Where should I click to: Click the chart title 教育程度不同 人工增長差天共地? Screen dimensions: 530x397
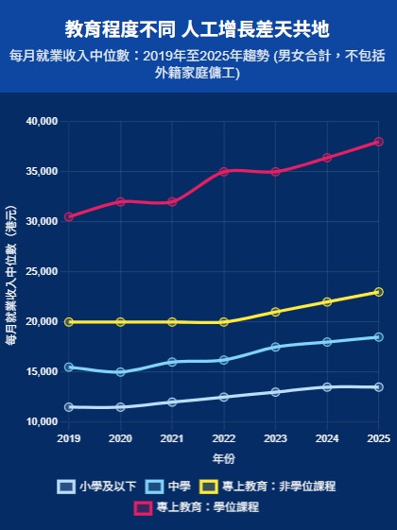coord(198,27)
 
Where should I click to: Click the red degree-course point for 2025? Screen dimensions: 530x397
coord(378,142)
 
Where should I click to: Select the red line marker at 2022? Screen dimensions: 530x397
coord(224,172)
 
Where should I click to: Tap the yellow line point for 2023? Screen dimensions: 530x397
coord(275,312)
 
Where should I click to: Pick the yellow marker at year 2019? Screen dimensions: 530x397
coord(69,322)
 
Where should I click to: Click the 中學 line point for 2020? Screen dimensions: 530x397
coord(120,372)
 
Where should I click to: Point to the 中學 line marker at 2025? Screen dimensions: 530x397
coord(378,337)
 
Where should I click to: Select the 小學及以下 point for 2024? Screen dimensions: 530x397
coord(327,387)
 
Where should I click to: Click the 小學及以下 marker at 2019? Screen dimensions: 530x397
coord(69,407)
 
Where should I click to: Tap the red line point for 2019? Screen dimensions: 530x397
coord(69,217)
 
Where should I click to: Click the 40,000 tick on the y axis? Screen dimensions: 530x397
coord(42,122)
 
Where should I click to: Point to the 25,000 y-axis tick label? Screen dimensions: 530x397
coord(42,272)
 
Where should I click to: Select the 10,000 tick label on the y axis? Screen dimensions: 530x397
coord(42,422)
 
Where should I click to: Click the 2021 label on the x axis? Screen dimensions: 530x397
coord(172,439)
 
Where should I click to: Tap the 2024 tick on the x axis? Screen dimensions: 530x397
coord(327,439)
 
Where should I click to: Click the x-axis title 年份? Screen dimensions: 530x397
coord(223,459)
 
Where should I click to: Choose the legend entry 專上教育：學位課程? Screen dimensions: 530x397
coord(196,507)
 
